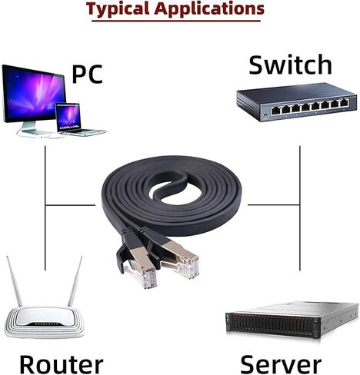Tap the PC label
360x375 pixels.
87,74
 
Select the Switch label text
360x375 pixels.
290,65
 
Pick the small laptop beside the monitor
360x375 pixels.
71,119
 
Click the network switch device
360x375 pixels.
295,105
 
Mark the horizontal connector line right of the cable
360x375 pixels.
272,205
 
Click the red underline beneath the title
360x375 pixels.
175,21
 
